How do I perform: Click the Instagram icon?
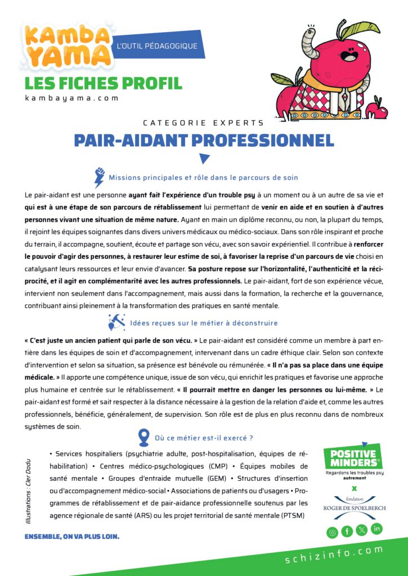(332, 532)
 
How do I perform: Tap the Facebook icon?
(347, 530)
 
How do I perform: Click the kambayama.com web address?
(72, 98)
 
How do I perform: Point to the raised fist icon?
(100, 177)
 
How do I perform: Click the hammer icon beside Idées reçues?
(116, 322)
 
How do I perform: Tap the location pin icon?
(144, 437)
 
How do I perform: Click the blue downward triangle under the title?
(204, 159)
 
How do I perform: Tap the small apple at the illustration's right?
(381, 107)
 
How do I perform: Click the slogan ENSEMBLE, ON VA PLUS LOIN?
(72, 536)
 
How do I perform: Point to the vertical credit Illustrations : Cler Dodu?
(29, 486)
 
